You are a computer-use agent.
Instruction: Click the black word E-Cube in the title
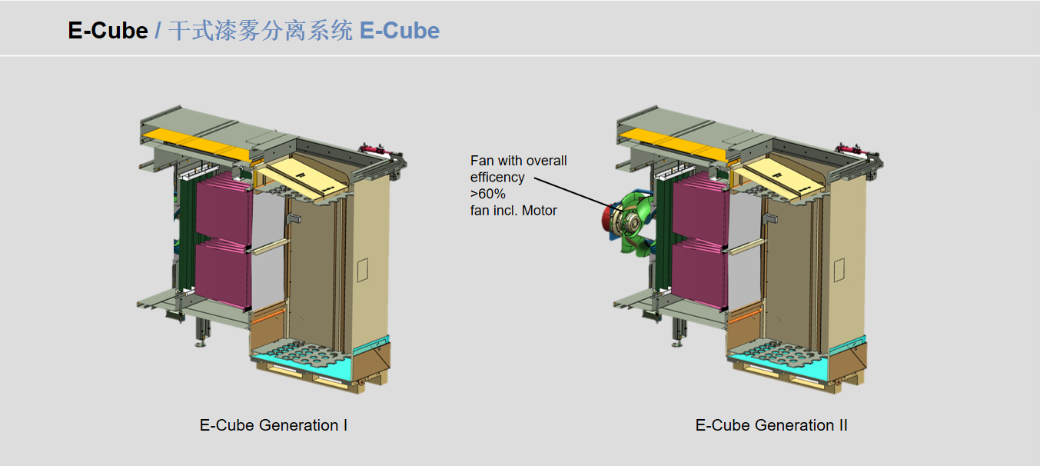click(108, 31)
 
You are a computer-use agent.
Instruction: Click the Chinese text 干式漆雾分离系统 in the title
click(261, 31)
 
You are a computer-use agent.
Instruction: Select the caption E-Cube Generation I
click(274, 425)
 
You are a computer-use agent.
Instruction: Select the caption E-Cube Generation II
click(771, 425)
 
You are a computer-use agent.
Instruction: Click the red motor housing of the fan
click(607, 219)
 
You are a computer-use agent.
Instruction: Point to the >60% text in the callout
click(488, 194)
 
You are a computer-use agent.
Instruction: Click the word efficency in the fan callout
click(497, 178)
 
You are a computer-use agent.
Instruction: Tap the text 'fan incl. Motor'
click(513, 210)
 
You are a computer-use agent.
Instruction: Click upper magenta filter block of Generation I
click(223, 208)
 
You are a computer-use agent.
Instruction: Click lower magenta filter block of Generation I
click(223, 273)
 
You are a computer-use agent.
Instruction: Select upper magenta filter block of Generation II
click(699, 208)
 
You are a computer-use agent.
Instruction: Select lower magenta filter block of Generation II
click(699, 273)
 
